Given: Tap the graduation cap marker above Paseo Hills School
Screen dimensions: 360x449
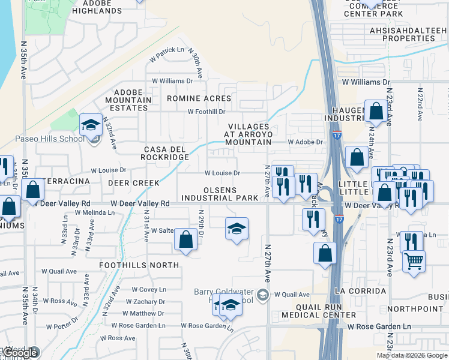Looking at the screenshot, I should [x=91, y=125].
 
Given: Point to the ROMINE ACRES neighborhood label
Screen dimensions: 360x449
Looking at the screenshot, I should [x=199, y=98].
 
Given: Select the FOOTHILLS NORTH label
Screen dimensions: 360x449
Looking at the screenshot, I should [x=139, y=265].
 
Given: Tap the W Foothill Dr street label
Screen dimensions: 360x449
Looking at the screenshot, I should [x=206, y=112].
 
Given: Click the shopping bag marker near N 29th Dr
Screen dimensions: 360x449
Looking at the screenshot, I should [x=186, y=239].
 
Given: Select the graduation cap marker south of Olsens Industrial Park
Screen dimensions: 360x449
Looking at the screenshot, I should [x=237, y=228].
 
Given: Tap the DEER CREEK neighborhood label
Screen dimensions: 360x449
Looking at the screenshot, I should [x=133, y=182].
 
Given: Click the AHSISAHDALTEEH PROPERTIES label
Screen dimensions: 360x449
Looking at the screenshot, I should [x=408, y=34].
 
